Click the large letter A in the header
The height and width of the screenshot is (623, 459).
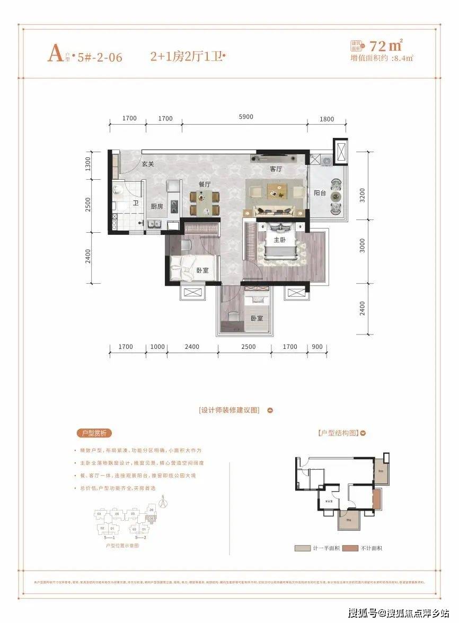pyautogui.click(x=55, y=55)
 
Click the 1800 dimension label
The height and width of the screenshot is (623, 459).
pyautogui.click(x=327, y=119)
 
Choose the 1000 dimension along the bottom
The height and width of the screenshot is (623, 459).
pyautogui.click(x=157, y=347)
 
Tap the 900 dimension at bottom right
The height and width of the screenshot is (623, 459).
pyautogui.click(x=317, y=347)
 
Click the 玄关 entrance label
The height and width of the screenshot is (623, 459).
pyautogui.click(x=147, y=164)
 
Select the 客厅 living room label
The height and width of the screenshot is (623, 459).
pyautogui.click(x=276, y=169)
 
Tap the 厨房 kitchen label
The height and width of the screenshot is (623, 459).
pyautogui.click(x=157, y=206)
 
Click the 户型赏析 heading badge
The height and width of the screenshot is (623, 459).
pyautogui.click(x=95, y=433)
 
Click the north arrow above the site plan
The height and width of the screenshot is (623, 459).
pyautogui.click(x=163, y=500)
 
